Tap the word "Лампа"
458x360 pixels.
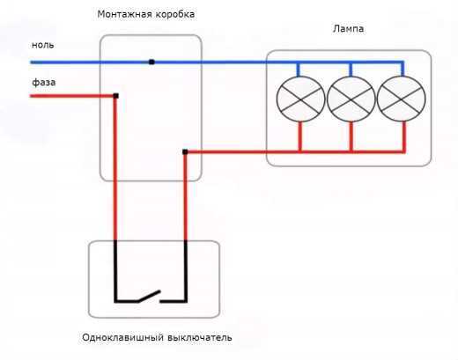348,29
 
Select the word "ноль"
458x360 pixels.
43,43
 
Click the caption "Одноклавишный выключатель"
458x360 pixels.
156,338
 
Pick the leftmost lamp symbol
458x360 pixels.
299,99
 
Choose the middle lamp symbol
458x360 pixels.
351,99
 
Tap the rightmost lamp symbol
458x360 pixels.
402,99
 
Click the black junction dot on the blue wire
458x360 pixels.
151,62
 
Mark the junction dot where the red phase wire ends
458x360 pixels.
115,95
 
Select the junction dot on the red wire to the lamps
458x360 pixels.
185,151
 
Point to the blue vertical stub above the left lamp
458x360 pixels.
299,70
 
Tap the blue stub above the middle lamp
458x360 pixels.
351,70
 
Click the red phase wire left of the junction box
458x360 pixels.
66,95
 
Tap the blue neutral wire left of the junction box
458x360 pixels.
66,62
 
